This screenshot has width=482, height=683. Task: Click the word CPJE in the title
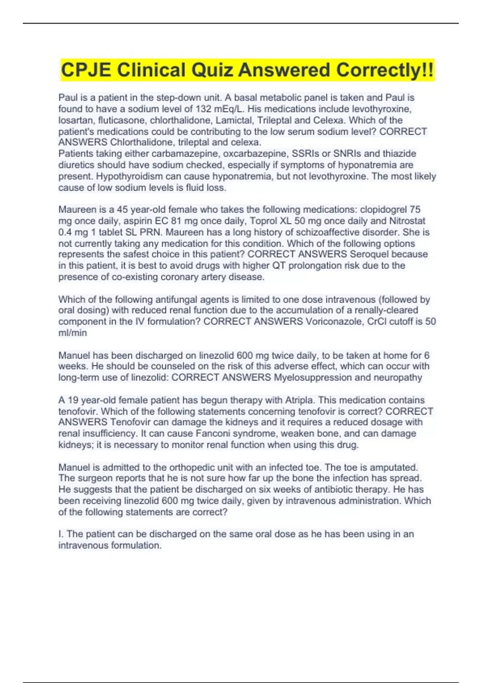point(86,70)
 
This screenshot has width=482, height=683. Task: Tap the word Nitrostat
point(407,221)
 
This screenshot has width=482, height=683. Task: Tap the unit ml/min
point(73,333)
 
